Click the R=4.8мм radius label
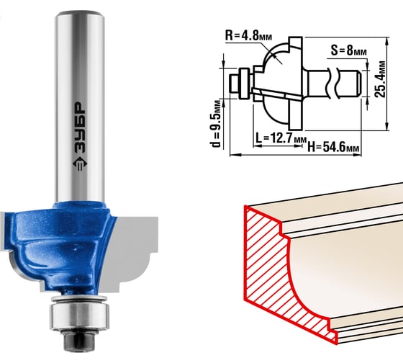pyautogui.click(x=248, y=35)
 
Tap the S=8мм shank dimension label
pyautogui.click(x=348, y=50)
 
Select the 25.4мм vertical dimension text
pyautogui.click(x=380, y=79)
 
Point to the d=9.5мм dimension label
pyautogui.click(x=216, y=124)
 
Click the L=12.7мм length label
pyautogui.click(x=281, y=138)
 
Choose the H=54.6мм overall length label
pyautogui.click(x=333, y=148)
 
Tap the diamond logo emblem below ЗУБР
pyautogui.click(x=80, y=165)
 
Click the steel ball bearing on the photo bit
pyautogui.click(x=80, y=316)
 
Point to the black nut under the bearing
pyautogui.click(x=80, y=339)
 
